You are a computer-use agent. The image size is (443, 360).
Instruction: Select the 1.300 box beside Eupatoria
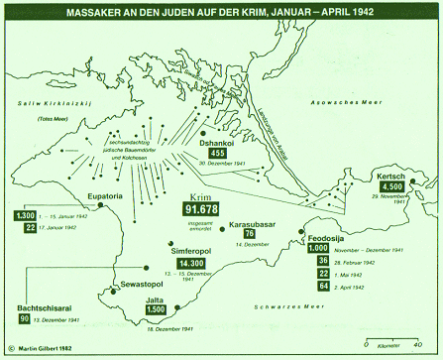28,215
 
